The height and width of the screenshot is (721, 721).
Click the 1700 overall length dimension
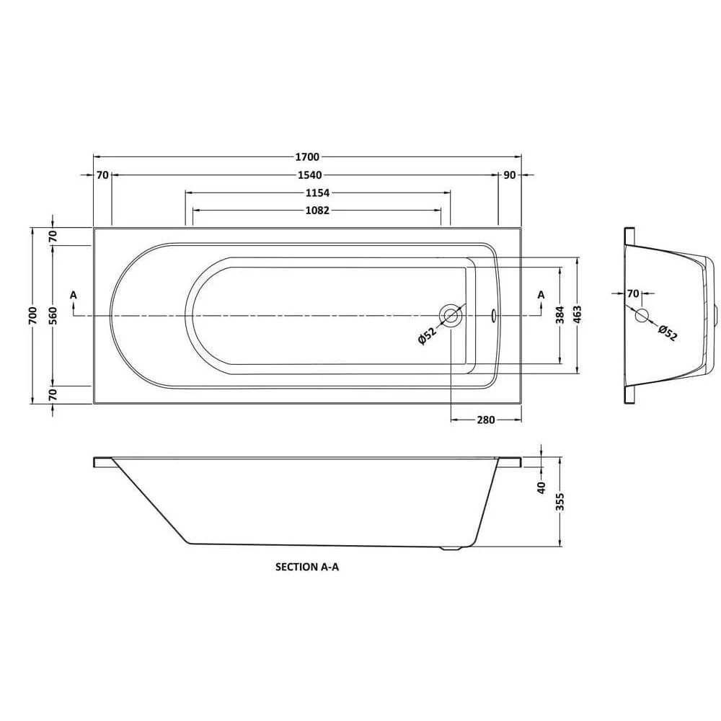coord(307,156)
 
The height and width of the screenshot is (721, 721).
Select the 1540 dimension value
coord(307,174)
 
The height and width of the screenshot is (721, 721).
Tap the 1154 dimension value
coord(317,193)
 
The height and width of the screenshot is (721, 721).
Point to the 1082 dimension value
coord(317,211)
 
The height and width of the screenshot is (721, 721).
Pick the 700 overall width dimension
coord(32,315)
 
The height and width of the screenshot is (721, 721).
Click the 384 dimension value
coord(559,315)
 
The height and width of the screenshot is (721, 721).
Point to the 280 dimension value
coord(485,420)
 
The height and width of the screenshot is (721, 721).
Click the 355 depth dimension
coord(560,503)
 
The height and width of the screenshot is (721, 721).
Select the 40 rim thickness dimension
coord(542,487)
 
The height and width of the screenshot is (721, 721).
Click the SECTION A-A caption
coord(307,567)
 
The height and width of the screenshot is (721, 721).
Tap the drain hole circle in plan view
coord(451,315)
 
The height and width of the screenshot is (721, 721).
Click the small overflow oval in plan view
coord(494,315)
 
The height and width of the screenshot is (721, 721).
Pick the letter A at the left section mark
coord(73,294)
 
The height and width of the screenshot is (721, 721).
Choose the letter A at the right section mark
coord(541,294)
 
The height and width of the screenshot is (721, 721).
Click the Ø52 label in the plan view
coord(426,336)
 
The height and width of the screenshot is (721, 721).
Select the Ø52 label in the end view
coord(668,333)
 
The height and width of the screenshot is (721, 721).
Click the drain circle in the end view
coord(642,315)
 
